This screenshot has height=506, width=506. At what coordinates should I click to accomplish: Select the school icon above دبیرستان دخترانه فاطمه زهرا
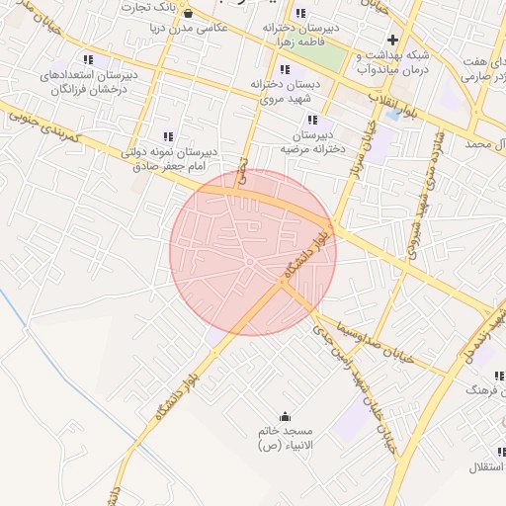tap(288, 13)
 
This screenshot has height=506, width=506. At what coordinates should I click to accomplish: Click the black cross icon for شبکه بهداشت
tap(392, 41)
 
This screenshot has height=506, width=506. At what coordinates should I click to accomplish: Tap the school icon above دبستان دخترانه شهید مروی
tap(286, 69)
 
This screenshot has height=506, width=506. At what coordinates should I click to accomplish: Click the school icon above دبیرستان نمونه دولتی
tap(168, 136)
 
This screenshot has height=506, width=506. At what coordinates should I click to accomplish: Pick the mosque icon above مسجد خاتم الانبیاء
tap(286, 417)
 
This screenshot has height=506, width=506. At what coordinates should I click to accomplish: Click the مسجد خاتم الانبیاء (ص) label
tap(285, 440)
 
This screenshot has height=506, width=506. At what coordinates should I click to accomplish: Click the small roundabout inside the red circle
tap(250, 261)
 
